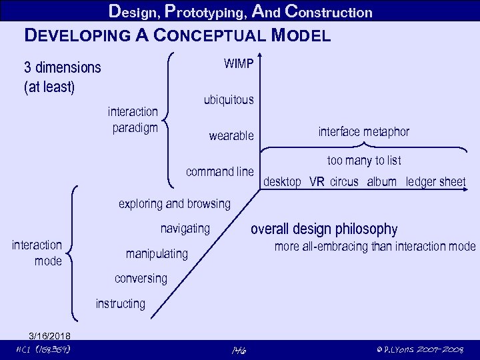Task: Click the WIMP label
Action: click(x=238, y=64)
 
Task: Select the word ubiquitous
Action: click(x=228, y=100)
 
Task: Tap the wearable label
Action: click(x=231, y=136)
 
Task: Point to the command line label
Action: click(x=220, y=172)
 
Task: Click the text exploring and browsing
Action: click(x=174, y=204)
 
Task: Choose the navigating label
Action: click(x=185, y=229)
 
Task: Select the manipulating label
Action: click(x=157, y=254)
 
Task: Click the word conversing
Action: click(x=141, y=278)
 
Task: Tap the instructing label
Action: click(x=120, y=304)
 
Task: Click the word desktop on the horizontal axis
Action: click(x=283, y=182)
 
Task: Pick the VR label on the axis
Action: click(x=317, y=182)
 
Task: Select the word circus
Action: click(x=344, y=182)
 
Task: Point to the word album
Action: click(x=381, y=182)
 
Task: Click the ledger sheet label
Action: click(x=435, y=182)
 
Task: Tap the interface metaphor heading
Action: click(x=363, y=132)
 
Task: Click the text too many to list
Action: click(x=363, y=161)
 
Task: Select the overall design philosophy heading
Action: click(x=323, y=229)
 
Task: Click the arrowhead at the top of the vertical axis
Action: click(x=261, y=56)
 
